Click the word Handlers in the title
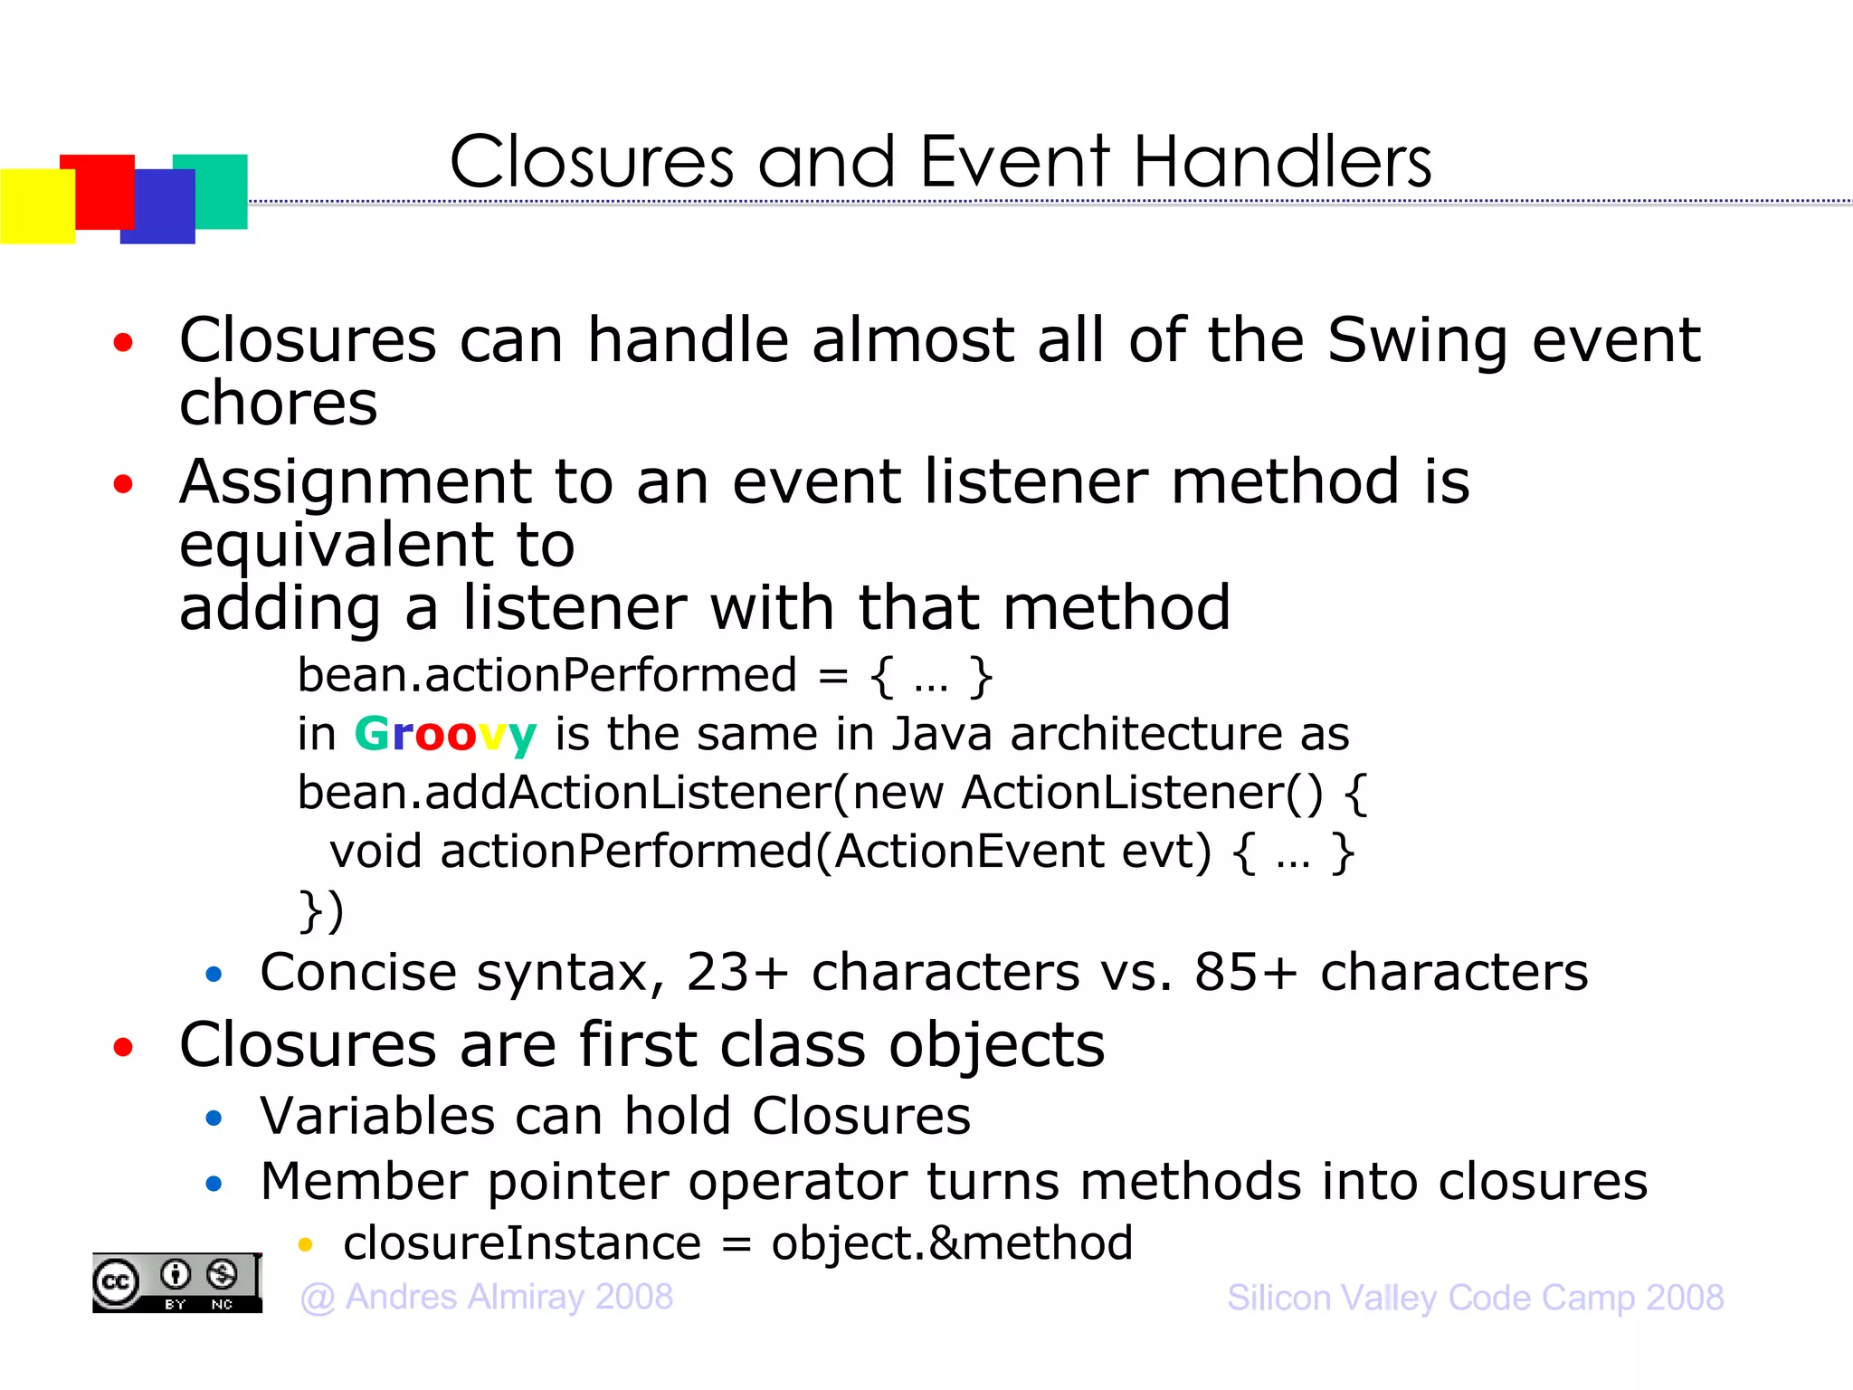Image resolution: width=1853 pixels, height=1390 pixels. click(x=1282, y=163)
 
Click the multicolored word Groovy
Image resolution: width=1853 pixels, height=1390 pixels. click(x=445, y=734)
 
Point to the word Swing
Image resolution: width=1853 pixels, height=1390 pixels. click(x=1418, y=340)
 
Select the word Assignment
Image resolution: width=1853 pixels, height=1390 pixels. click(x=355, y=482)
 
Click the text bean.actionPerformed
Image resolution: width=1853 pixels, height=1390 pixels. click(x=546, y=675)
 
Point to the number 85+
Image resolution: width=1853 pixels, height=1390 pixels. click(x=1246, y=973)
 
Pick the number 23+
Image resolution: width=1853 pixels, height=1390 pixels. click(x=737, y=973)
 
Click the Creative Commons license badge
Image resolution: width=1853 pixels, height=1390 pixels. click(x=176, y=1282)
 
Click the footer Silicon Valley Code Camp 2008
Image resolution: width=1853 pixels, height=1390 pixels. click(x=1475, y=1298)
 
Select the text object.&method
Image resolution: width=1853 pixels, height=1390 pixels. click(x=951, y=1243)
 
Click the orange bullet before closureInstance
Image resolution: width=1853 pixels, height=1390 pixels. click(x=305, y=1245)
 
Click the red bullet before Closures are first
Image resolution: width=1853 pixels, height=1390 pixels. click(x=123, y=1047)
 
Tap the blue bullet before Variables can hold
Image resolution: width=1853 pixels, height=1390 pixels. click(x=214, y=1119)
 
